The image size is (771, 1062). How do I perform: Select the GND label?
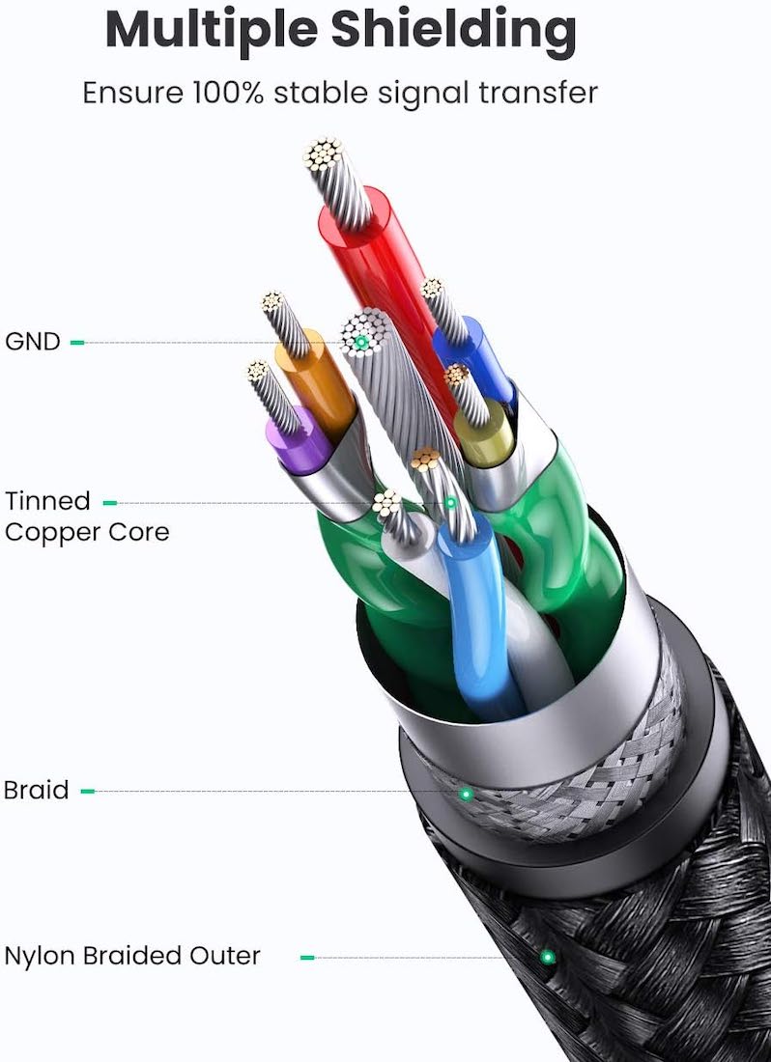[x=33, y=342]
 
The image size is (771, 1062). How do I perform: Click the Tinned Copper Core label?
[x=87, y=517]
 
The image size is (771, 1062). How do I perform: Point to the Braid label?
[x=36, y=790]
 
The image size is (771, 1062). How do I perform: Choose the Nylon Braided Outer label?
[x=132, y=956]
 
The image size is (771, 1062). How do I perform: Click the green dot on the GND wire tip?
[x=361, y=342]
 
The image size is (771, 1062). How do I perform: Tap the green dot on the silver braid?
[x=466, y=793]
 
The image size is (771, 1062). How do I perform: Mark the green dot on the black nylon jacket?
[x=548, y=957]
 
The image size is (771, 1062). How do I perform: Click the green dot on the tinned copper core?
[x=450, y=503]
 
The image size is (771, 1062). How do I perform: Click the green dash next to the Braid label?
[x=87, y=791]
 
